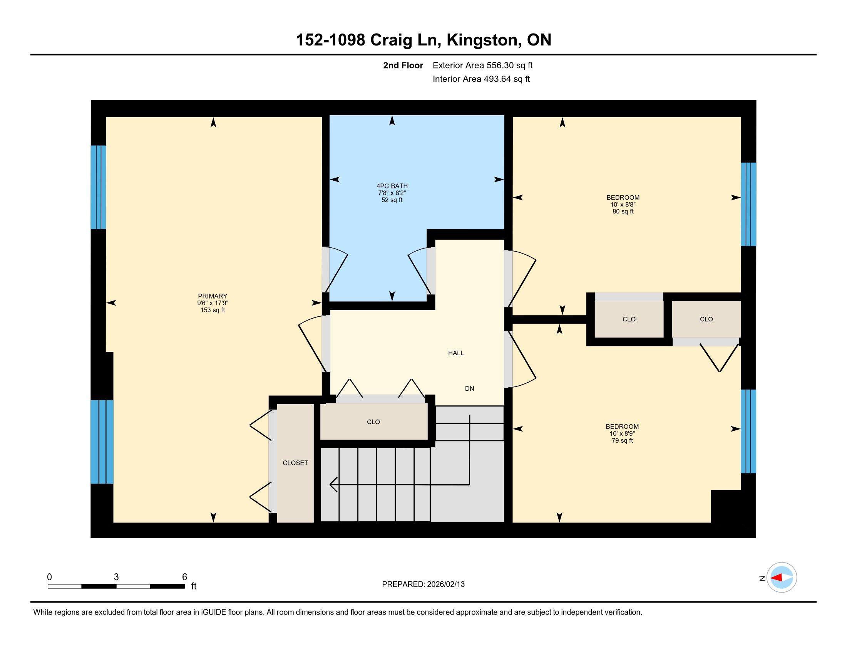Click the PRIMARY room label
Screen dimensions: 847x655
[213, 296]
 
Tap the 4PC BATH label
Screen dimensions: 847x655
[392, 186]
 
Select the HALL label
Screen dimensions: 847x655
[456, 353]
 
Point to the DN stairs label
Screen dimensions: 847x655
[470, 388]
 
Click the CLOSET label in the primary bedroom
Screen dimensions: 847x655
[296, 463]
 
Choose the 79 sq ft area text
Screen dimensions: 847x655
[622, 440]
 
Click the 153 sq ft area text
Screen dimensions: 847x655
[213, 310]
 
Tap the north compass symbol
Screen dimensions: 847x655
[782, 578]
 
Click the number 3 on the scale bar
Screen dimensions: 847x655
[116, 577]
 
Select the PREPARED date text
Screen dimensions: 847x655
[423, 584]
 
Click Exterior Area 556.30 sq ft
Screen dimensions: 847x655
[482, 65]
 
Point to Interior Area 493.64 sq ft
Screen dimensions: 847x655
[481, 79]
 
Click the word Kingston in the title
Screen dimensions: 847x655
[482, 40]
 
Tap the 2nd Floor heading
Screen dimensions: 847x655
[403, 65]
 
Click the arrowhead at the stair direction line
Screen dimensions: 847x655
[333, 485]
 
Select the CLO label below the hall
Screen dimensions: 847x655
[373, 422]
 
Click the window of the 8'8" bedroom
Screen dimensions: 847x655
[748, 204]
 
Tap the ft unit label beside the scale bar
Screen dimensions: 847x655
[194, 586]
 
